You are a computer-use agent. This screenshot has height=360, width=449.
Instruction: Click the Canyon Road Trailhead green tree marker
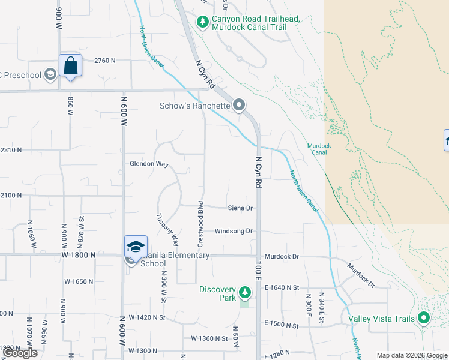coord(203,23)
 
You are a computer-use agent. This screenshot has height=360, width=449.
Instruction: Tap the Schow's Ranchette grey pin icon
coord(239,106)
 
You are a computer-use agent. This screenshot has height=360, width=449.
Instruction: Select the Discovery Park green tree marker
coord(244,293)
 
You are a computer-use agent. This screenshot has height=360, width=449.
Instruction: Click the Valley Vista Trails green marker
coord(424,318)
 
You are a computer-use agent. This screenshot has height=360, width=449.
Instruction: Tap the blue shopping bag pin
coord(70,65)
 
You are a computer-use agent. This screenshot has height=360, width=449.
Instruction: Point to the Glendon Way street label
coord(148,164)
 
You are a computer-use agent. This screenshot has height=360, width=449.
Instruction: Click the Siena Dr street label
coord(240,208)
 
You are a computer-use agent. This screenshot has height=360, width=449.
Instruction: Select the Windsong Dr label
coord(234,231)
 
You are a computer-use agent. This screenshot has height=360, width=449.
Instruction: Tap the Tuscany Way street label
coord(167,230)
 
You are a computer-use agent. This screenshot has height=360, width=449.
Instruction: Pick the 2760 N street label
coord(105,61)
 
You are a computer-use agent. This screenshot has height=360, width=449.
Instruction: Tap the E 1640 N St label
coord(282,288)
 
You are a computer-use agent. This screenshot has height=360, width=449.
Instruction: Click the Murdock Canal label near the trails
coord(319,149)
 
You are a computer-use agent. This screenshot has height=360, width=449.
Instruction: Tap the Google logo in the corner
coord(20,353)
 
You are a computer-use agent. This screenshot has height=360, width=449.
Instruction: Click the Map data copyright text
coord(412,355)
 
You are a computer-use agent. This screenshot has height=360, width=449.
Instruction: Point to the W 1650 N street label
coord(79,281)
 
